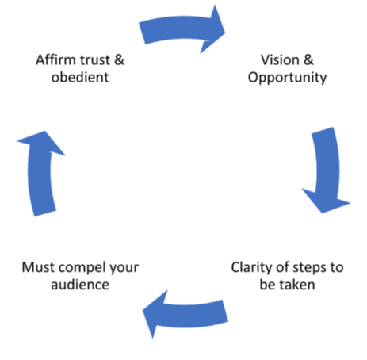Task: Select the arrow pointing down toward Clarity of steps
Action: click(x=328, y=169)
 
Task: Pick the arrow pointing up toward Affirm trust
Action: click(x=39, y=174)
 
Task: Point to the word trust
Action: click(x=95, y=59)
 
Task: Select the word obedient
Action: click(x=80, y=77)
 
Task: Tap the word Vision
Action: click(x=280, y=59)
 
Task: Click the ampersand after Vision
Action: click(x=308, y=59)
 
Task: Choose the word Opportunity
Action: click(x=287, y=78)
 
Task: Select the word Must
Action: click(x=39, y=267)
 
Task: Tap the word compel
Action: click(x=82, y=268)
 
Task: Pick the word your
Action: click(x=124, y=269)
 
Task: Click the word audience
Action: click(x=80, y=285)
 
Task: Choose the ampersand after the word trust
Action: click(x=119, y=59)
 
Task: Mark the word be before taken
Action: click(x=268, y=285)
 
